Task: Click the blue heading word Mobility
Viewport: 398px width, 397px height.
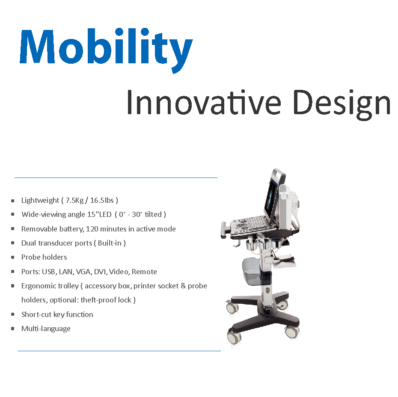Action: tap(106, 50)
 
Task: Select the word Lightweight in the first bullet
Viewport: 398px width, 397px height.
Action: tap(40, 201)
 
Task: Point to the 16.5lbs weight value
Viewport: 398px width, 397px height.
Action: tap(102, 200)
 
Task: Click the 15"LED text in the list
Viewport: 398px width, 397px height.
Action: tap(99, 214)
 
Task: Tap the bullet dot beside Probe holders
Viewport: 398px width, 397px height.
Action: tap(13, 257)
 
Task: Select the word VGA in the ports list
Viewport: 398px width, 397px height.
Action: tap(83, 272)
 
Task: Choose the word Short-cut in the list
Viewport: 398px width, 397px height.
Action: tap(36, 314)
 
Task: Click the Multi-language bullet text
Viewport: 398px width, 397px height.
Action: tap(46, 329)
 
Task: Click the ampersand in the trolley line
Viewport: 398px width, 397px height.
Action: tap(183, 286)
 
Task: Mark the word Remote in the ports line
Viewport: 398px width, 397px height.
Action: tap(144, 272)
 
